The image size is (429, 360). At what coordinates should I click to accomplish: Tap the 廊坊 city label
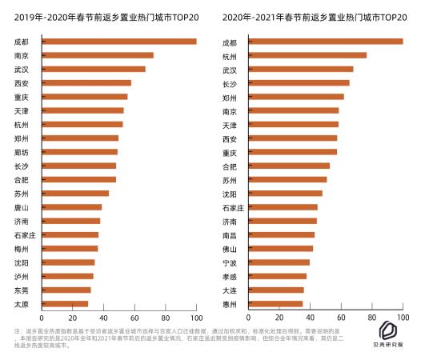[x=22, y=152]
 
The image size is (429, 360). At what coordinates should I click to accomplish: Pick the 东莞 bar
[x=66, y=290]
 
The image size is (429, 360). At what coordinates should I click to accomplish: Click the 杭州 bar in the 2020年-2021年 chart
[x=307, y=55]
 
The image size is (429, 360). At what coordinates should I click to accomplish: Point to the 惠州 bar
[x=275, y=304]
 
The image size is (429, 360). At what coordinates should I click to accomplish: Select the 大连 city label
[x=229, y=290]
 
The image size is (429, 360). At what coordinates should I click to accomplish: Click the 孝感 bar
[x=277, y=276]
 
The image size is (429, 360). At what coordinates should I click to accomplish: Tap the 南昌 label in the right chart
[x=229, y=234]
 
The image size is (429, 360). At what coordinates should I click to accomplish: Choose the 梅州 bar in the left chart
[x=69, y=249]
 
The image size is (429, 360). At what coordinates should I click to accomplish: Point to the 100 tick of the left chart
[x=196, y=318]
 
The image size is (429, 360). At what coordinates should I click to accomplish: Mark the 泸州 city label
[x=22, y=276]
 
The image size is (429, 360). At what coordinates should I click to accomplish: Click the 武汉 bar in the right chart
[x=300, y=69]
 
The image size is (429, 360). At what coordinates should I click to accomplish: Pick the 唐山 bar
[x=71, y=207]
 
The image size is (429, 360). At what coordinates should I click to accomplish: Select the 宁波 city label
[x=229, y=262]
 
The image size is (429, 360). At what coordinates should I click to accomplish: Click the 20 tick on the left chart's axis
[x=72, y=318]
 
